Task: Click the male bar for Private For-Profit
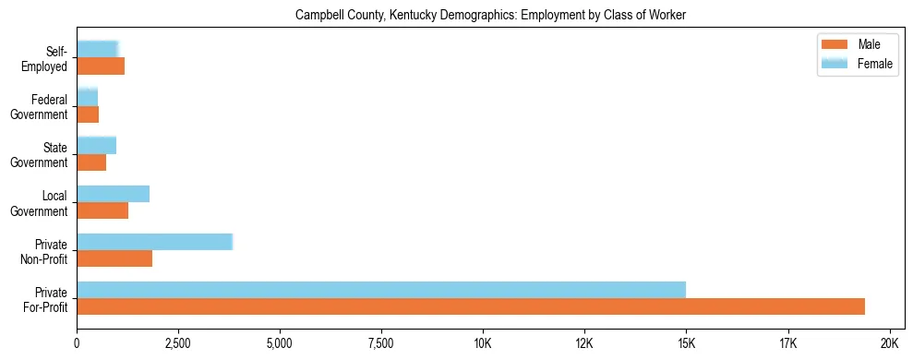(471, 306)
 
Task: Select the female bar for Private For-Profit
(381, 290)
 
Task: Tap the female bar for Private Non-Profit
(154, 242)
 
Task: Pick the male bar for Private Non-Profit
(114, 258)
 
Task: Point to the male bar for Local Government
(102, 210)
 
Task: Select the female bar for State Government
(96, 146)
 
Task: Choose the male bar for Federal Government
(88, 114)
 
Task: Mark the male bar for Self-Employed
(101, 66)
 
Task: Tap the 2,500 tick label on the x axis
(178, 343)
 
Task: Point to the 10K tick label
(483, 343)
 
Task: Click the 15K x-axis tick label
(686, 343)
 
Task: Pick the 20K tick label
(889, 343)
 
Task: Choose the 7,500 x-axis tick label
(381, 343)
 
